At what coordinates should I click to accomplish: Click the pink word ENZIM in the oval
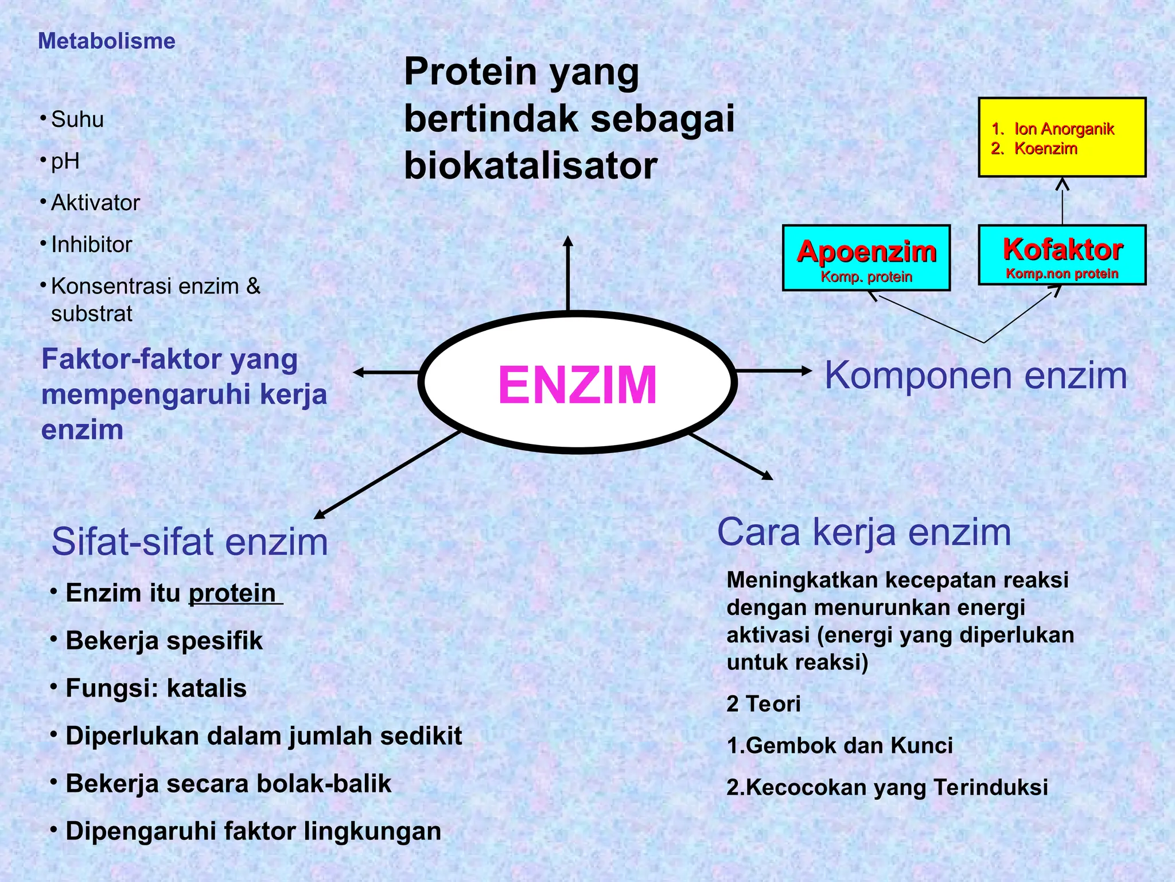577,385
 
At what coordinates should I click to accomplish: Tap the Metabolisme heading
107,41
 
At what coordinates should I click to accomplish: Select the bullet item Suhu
77,119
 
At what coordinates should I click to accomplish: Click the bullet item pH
65,161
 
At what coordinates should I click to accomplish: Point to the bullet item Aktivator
95,203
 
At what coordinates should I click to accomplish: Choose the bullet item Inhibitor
92,245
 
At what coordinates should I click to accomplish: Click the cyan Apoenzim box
866,258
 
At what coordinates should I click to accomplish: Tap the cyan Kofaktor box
1062,255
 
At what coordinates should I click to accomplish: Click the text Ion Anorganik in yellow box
1064,129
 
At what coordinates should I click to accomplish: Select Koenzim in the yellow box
1045,149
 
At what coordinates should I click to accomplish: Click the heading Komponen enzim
975,376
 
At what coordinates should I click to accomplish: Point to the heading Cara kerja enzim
864,532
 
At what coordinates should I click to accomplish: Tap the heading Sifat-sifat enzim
190,541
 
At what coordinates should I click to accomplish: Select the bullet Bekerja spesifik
164,641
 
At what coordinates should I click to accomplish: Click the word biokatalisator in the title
530,166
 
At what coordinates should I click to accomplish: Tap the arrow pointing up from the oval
568,273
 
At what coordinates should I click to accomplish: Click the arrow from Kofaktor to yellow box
1063,201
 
